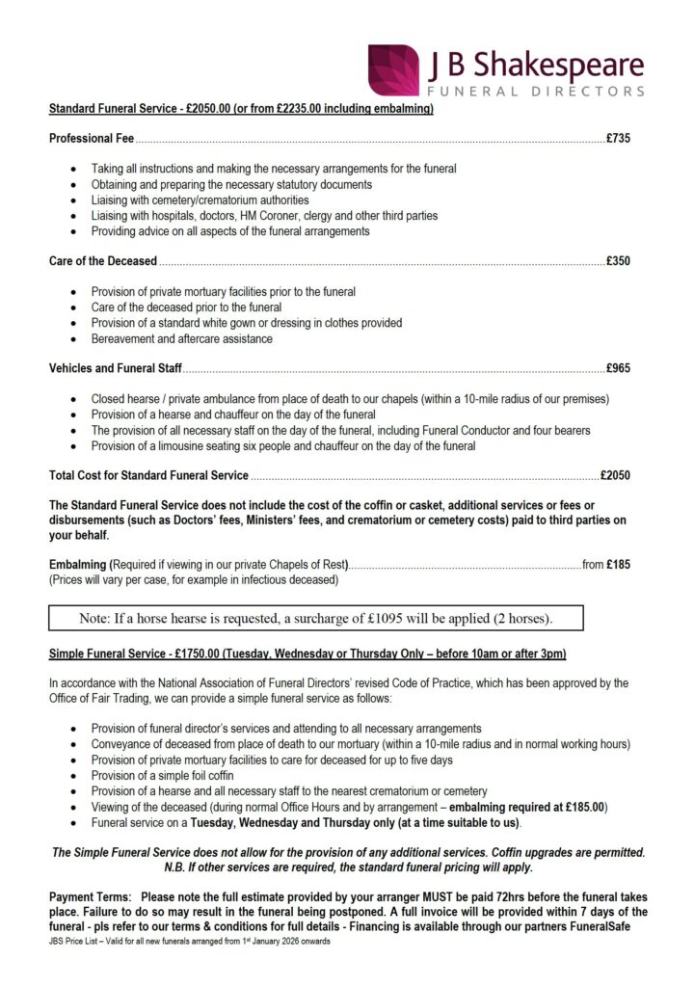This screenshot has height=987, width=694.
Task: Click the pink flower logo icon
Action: (393, 69)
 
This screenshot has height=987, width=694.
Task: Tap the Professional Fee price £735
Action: (618, 139)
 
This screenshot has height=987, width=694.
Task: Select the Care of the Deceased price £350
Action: (618, 261)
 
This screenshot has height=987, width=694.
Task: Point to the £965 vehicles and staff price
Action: (618, 368)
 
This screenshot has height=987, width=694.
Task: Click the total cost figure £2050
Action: (615, 475)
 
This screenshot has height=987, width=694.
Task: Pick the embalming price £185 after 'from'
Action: (618, 565)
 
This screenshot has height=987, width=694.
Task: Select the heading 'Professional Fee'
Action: (92, 139)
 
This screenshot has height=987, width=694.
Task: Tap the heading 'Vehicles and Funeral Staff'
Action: (116, 368)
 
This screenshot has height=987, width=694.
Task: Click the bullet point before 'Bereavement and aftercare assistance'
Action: (75, 339)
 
